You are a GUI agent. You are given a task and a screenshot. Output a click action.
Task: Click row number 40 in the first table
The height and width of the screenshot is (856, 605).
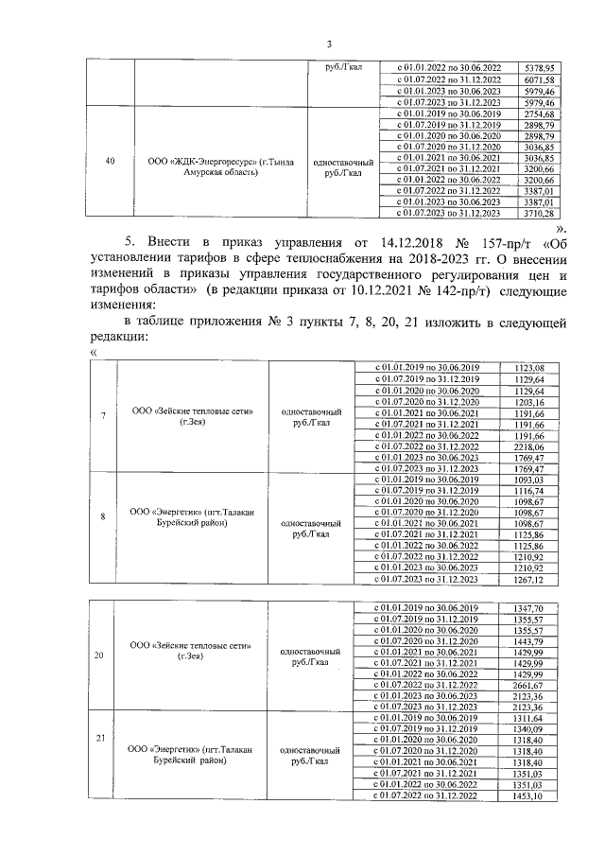[x=112, y=162]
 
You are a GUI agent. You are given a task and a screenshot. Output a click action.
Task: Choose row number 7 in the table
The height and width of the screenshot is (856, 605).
[x=102, y=417]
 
